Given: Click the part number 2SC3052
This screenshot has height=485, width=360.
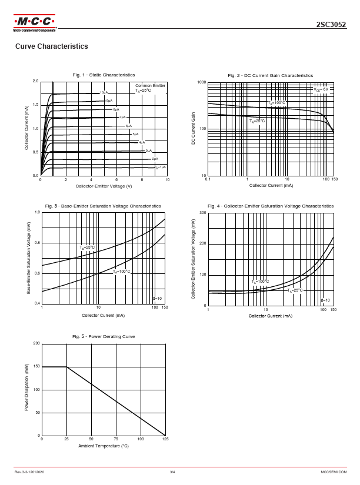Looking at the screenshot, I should click(x=331, y=25).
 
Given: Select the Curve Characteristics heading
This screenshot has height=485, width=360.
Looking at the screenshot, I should click(x=51, y=46).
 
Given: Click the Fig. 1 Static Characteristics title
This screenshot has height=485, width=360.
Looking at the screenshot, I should click(x=104, y=75).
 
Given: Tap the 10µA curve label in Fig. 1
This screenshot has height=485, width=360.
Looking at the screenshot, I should click(x=104, y=93).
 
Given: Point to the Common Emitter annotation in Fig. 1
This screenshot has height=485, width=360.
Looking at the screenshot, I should click(x=151, y=86).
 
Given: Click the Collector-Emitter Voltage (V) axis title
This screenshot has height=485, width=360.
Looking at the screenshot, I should click(x=104, y=186).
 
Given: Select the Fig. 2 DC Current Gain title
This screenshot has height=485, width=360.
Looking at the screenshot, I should click(x=271, y=75).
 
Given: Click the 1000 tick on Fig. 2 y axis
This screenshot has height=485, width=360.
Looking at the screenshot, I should click(x=202, y=82).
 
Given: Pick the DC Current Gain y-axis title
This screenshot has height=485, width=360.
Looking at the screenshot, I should click(x=193, y=129).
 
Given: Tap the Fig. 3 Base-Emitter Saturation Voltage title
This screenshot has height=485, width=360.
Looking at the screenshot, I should click(x=104, y=206).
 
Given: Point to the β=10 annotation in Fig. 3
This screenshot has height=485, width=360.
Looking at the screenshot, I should click(x=157, y=299).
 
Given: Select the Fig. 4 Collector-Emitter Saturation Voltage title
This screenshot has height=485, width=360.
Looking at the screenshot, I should click(x=271, y=206).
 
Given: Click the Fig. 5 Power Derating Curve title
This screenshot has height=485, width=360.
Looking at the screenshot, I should click(x=104, y=336).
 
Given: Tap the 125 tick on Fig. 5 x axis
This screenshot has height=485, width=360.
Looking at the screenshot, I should click(x=165, y=440).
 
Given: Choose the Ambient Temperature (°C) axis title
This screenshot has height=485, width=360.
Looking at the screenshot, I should click(x=104, y=446).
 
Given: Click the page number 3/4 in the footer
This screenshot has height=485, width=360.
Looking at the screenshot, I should click(x=172, y=472).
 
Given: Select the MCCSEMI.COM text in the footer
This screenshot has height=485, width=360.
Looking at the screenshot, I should click(x=334, y=472).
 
